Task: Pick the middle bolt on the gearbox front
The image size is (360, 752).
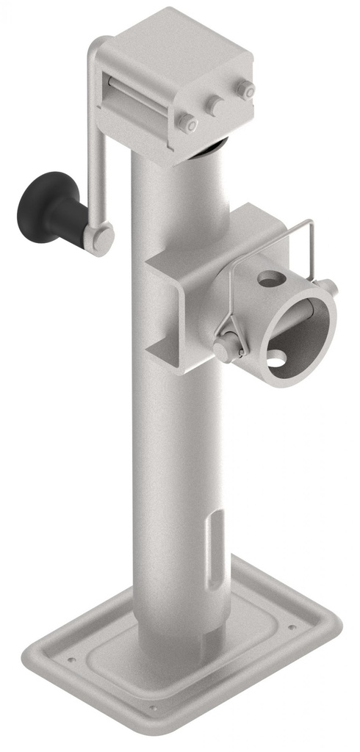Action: point(215,105)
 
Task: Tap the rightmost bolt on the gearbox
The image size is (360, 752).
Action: point(245,90)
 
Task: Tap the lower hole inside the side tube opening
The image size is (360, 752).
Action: point(276,358)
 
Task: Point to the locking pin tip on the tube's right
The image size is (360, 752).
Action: point(328,286)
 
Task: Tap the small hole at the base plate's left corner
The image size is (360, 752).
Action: point(71,659)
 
